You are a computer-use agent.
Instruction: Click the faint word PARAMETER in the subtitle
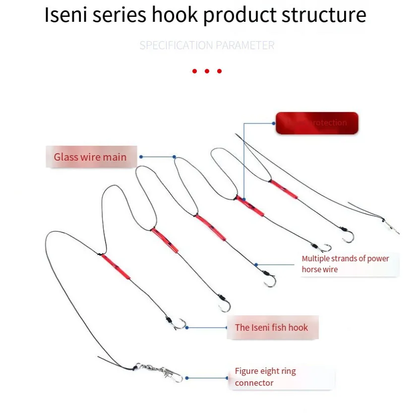click(x=247, y=46)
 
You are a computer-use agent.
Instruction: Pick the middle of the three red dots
click(x=207, y=71)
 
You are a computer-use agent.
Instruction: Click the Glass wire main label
click(x=90, y=157)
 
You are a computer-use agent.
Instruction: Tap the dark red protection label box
click(x=317, y=123)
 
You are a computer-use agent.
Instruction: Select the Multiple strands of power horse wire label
click(x=346, y=264)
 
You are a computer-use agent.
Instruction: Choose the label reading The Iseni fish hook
click(x=271, y=327)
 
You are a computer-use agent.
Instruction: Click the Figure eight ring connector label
click(x=265, y=377)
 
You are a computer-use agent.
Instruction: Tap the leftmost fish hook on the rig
click(x=178, y=324)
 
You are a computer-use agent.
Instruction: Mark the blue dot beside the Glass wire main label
click(x=141, y=157)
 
